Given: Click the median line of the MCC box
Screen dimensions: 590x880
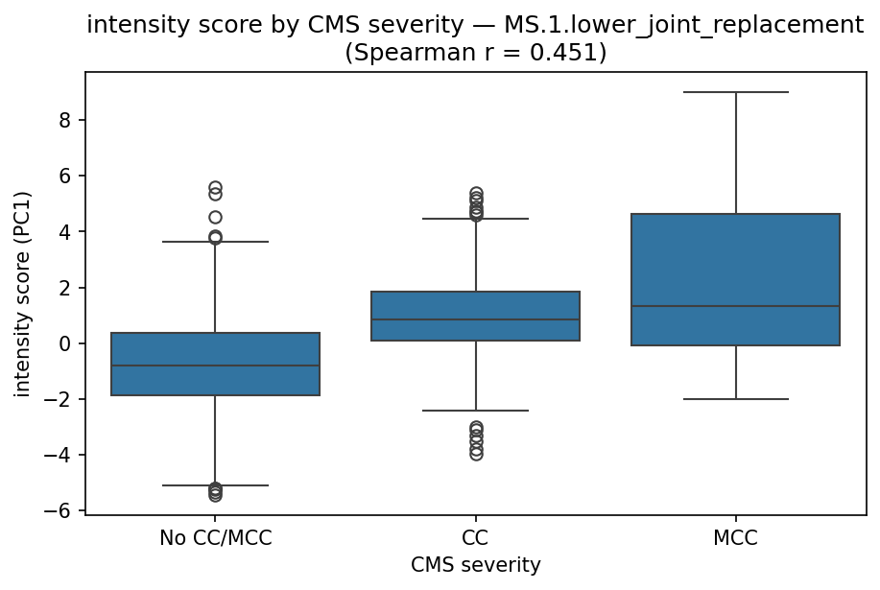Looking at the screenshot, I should (x=735, y=306).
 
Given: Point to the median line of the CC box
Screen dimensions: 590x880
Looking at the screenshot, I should (x=475, y=319).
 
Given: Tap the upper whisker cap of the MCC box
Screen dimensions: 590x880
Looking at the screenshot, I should (x=735, y=92).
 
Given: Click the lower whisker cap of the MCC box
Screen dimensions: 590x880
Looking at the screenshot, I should (x=735, y=399).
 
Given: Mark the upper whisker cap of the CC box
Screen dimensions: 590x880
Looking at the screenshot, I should (x=475, y=219).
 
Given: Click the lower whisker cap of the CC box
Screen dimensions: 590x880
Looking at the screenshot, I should (x=475, y=411).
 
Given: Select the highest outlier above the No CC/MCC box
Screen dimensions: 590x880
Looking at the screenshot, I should (x=215, y=188).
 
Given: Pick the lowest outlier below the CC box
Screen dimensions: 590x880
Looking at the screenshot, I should (x=475, y=454).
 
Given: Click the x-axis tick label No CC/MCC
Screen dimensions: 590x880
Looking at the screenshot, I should (x=215, y=538).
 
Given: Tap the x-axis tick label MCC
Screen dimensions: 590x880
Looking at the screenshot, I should (x=735, y=538).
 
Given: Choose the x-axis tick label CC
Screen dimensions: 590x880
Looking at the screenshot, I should (x=475, y=538).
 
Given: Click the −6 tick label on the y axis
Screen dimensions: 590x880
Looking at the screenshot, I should (x=63, y=510).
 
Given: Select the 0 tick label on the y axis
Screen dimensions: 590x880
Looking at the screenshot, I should (x=71, y=343).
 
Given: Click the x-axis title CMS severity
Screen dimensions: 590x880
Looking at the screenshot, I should (x=475, y=566).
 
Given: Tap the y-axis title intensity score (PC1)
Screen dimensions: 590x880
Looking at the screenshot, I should (x=22, y=293).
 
